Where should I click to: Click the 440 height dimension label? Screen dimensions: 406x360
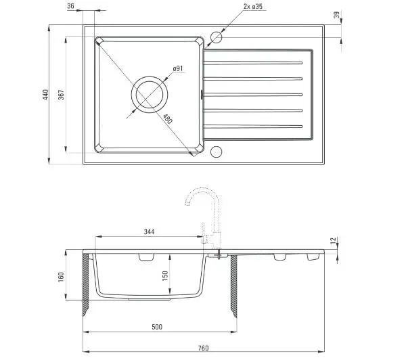click(45, 95)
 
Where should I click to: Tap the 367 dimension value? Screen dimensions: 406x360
click(61, 95)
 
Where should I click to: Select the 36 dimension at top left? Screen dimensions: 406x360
click(70, 6)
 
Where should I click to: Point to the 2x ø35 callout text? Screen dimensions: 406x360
click(252, 7)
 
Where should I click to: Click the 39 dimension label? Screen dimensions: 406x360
click(336, 15)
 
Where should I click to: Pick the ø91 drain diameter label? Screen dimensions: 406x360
click(178, 68)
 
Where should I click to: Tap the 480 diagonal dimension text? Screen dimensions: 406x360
click(168, 119)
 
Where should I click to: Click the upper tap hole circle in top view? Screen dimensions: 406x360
click(217, 37)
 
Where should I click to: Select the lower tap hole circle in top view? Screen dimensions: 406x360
click(217, 152)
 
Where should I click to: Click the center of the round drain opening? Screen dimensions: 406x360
click(150, 95)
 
